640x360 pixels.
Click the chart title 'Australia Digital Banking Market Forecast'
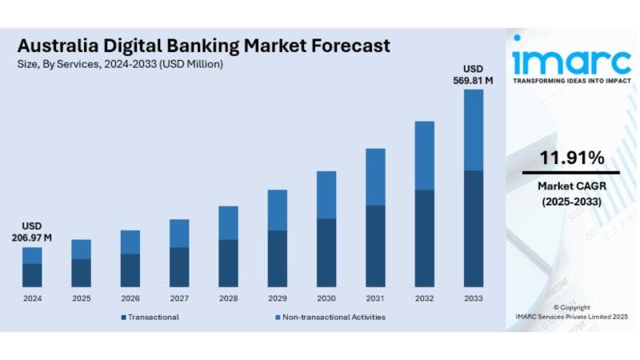click(204, 45)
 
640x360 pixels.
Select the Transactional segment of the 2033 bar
click(474, 228)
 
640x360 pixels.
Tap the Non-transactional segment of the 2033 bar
click(474, 130)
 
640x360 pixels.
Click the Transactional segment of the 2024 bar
click(32, 274)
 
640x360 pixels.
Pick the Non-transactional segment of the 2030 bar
click(326, 194)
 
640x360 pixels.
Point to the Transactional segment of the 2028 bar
click(228, 262)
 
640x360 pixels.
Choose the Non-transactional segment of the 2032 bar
click(425, 155)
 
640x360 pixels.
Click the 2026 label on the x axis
click(130, 298)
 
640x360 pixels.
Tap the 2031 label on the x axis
click(375, 298)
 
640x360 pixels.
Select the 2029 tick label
click(277, 298)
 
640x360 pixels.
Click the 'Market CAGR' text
click(571, 186)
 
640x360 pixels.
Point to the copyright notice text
click(571, 312)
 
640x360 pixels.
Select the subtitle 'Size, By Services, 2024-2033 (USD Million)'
click(120, 63)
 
